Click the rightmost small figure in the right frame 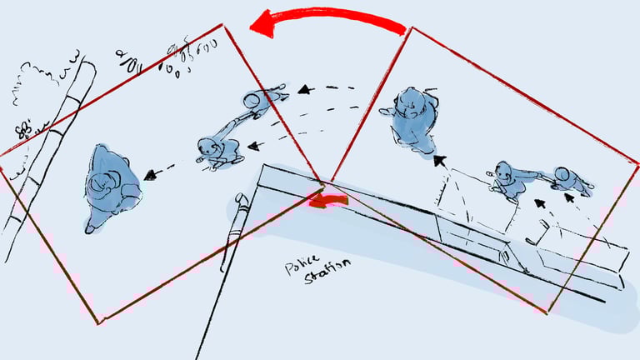(x=571, y=181)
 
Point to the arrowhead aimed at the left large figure (x=151, y=175)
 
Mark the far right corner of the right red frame (x=637, y=163)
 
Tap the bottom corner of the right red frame (x=547, y=312)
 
